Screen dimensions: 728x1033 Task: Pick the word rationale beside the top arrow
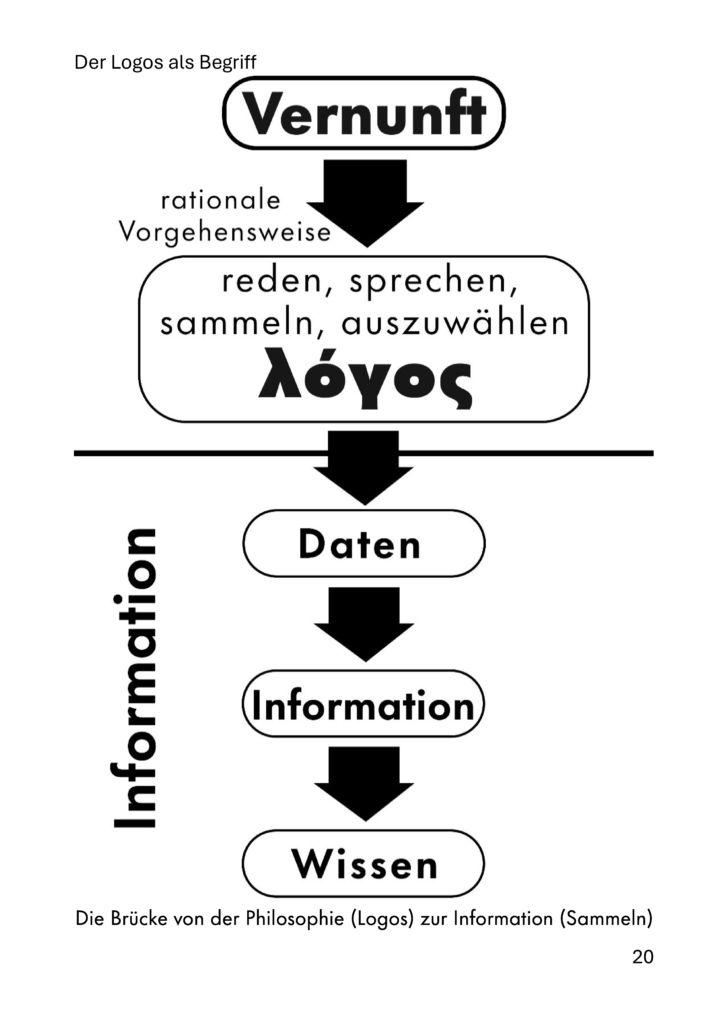click(221, 201)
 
